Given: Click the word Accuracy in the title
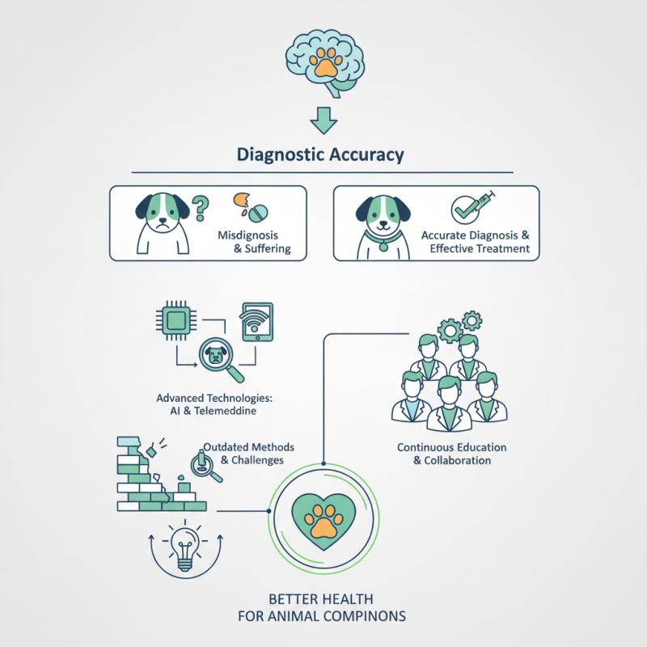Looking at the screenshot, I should click(x=362, y=154).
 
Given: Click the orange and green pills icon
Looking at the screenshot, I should click(x=249, y=207).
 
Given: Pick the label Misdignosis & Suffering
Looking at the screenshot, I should click(x=252, y=241).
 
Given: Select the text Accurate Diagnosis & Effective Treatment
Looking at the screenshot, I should click(x=475, y=241).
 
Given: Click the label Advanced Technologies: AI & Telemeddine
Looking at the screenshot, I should click(x=214, y=404).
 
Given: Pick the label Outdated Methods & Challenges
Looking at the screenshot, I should click(x=247, y=453).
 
